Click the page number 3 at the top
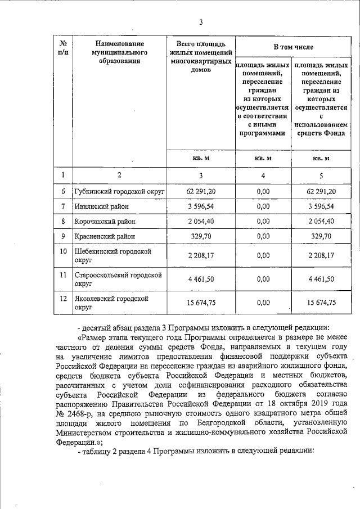(x=201, y=22)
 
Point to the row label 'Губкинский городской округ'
(x=119, y=192)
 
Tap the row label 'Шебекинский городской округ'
(x=113, y=255)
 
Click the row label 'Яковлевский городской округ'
(x=111, y=303)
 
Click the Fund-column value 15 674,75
(x=321, y=303)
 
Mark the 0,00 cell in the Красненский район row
(x=263, y=236)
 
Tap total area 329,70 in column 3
(x=201, y=236)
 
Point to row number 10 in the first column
(x=64, y=251)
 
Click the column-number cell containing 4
(x=263, y=176)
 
